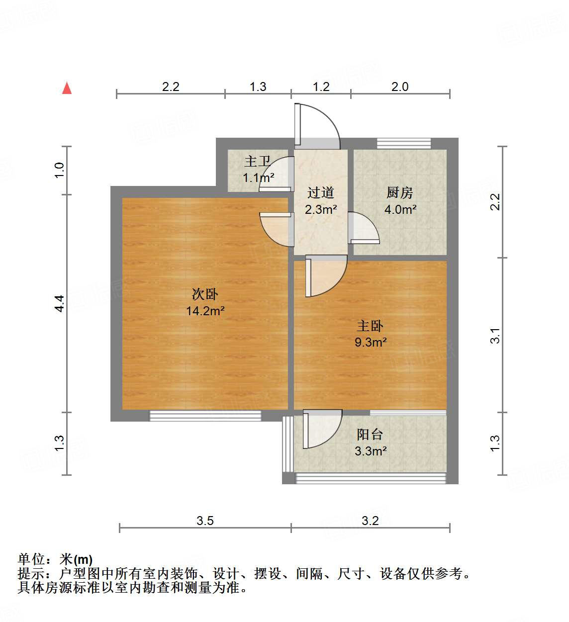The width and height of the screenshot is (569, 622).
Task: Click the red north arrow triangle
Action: tap(67, 89)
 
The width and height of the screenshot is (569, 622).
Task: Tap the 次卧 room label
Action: tap(204, 294)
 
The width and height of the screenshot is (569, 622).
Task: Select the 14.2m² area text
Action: tap(205, 311)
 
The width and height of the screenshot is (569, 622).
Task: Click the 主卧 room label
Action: tap(370, 326)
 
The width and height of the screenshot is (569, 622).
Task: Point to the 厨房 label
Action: tap(399, 193)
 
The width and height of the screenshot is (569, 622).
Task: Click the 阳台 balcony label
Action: tap(370, 435)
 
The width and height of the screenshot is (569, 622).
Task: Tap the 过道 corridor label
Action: tap(320, 193)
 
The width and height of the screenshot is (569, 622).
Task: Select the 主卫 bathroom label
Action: tap(257, 162)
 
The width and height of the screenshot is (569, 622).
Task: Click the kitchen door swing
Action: tap(363, 229)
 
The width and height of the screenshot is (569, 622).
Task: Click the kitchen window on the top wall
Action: tap(403, 143)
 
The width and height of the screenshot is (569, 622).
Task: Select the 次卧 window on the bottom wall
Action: tap(205, 416)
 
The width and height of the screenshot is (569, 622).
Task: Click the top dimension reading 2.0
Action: tap(399, 87)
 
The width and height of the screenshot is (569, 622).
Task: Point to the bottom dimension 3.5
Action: tap(205, 521)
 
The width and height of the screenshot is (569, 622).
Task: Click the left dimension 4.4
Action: tap(60, 303)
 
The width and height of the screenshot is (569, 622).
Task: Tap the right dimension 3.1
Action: tap(495, 336)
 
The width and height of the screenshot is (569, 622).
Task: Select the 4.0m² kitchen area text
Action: tap(400, 210)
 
